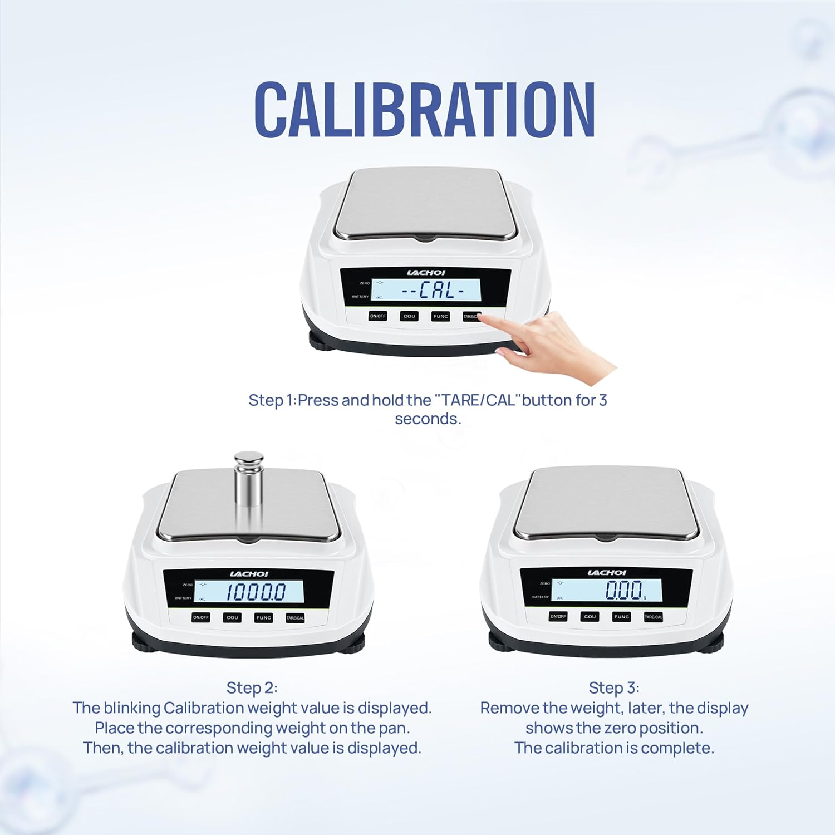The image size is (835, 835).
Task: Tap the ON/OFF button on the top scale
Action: pos(377,316)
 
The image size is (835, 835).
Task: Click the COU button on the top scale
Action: pos(409,316)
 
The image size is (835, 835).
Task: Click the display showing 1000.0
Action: pos(249,591)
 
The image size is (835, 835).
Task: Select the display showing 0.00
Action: pos(606,590)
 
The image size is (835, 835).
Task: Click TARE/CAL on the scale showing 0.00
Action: pos(653,617)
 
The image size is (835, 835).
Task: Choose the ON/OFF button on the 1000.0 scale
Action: pos(200,617)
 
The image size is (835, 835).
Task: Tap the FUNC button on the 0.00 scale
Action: pos(621,617)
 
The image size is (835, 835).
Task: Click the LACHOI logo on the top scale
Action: pos(426,273)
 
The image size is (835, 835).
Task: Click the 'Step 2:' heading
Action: pos(252,688)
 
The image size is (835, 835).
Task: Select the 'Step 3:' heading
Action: pos(614,688)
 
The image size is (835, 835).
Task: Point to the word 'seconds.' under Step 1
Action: pos(428,419)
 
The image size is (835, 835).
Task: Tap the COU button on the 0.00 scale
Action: pos(590,617)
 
